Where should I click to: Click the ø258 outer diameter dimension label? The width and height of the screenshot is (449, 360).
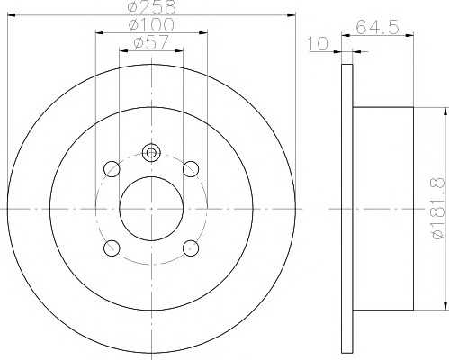(x=151, y=7)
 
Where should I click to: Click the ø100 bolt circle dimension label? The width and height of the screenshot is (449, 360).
(x=151, y=24)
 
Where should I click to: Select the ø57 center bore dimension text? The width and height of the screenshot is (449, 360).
(x=151, y=42)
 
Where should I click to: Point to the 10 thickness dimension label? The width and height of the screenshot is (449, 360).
(x=319, y=44)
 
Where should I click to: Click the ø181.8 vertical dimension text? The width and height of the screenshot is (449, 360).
(x=437, y=208)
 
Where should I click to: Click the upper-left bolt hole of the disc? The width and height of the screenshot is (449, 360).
(x=112, y=169)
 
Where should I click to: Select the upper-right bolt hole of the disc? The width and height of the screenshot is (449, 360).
(x=191, y=169)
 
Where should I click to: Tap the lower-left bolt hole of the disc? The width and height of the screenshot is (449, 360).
(x=112, y=248)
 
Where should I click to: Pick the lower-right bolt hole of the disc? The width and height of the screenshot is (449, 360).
(x=191, y=248)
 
